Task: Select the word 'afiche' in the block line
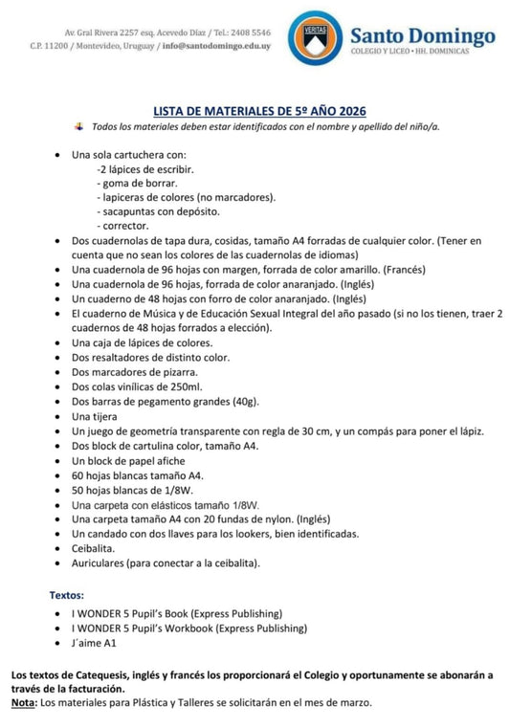coord(172,460)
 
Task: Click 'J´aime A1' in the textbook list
coord(94,644)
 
